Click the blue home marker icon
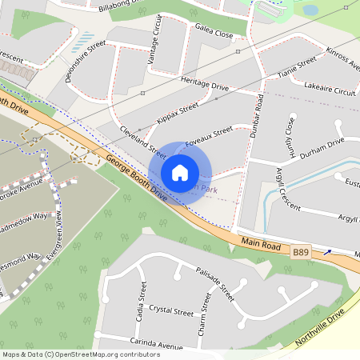coord(180,172)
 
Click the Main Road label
coord(260,243)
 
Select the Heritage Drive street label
coord(205,86)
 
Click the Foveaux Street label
coord(209,135)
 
